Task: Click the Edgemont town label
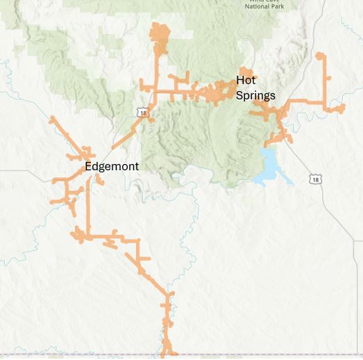click(x=112, y=167)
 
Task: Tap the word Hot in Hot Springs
click(x=246, y=80)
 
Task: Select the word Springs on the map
click(x=255, y=95)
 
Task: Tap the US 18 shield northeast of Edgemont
click(x=142, y=112)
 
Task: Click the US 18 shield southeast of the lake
click(x=316, y=179)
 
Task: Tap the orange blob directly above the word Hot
click(x=245, y=70)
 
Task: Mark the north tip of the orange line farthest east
click(x=319, y=54)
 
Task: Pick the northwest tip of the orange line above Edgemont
click(x=51, y=119)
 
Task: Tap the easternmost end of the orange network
click(x=343, y=107)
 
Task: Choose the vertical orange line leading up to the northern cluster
click(x=155, y=69)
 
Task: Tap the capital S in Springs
click(x=239, y=95)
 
